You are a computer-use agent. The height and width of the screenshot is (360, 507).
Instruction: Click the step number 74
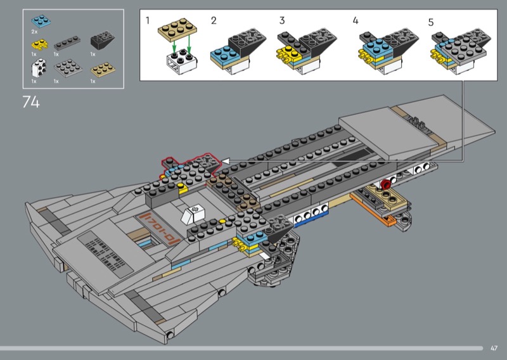(31, 102)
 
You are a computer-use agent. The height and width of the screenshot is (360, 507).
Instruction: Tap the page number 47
(494, 348)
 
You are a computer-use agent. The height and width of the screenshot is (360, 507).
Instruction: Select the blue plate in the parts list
(41, 22)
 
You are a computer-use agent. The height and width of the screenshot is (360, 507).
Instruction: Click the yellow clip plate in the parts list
(39, 44)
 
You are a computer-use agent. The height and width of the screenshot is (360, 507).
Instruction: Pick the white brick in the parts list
(39, 68)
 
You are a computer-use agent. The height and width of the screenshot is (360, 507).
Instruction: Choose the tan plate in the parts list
(103, 70)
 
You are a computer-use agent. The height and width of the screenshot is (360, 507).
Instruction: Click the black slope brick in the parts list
(102, 41)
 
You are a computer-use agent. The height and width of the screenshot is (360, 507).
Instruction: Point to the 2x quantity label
(34, 32)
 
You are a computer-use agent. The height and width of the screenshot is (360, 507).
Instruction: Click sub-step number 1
(148, 21)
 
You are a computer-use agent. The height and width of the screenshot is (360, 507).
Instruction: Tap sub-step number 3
(282, 21)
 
